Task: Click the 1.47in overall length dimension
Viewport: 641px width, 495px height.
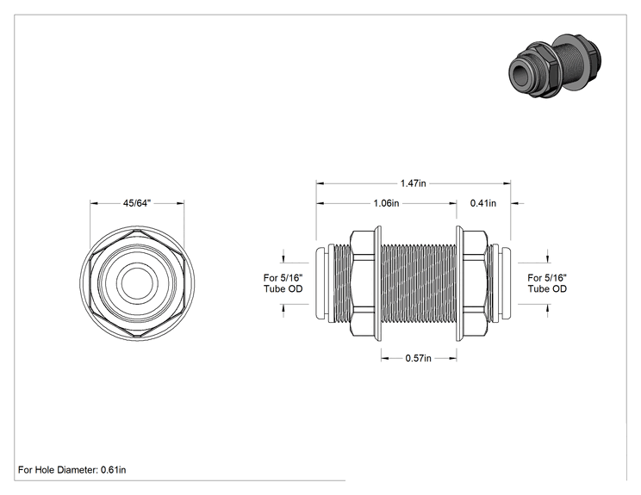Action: [413, 183]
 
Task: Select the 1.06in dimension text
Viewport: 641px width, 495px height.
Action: [386, 203]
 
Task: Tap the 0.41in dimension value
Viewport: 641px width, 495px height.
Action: [483, 203]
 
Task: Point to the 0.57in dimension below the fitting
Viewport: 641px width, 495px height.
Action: [418, 358]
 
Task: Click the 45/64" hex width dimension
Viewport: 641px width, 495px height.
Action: [137, 203]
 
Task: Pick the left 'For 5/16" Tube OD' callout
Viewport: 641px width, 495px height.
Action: [283, 283]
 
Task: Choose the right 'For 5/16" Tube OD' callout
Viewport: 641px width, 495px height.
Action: [547, 283]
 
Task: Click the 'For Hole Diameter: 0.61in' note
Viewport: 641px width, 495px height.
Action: [72, 470]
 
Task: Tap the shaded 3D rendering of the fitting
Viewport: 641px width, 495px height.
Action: [555, 66]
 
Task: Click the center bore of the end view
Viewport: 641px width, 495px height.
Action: [137, 282]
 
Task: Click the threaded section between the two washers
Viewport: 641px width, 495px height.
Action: [419, 283]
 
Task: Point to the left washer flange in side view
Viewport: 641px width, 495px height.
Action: [378, 282]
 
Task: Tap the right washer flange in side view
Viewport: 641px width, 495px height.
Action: [459, 282]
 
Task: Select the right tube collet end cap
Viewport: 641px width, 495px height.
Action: [505, 283]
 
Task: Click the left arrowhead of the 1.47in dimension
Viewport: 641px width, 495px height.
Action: [320, 183]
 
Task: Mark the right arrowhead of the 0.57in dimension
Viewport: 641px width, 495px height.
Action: [452, 358]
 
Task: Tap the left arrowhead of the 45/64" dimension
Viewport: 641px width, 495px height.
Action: [95, 203]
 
